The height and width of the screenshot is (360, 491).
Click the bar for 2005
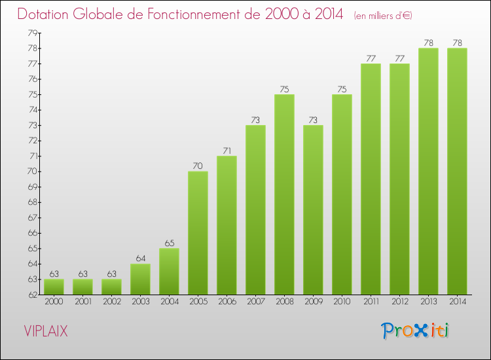(198, 232)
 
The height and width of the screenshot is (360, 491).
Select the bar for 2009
(313, 209)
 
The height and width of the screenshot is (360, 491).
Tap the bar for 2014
(457, 171)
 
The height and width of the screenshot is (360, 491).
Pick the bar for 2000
(54, 287)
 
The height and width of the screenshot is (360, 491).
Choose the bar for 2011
(371, 179)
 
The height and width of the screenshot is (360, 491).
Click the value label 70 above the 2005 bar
(198, 166)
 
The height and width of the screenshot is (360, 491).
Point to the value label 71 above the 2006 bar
(227, 151)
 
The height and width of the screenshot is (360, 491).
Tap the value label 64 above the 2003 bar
(140, 259)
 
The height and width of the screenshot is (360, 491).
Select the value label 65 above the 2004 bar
(169, 243)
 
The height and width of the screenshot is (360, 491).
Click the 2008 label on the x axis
(284, 302)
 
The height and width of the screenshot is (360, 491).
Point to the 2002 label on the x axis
(111, 302)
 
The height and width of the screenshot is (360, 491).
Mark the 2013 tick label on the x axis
(428, 302)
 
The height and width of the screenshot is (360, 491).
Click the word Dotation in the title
(46, 14)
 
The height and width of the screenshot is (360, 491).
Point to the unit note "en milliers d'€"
(383, 15)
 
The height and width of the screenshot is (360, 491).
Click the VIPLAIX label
(45, 331)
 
